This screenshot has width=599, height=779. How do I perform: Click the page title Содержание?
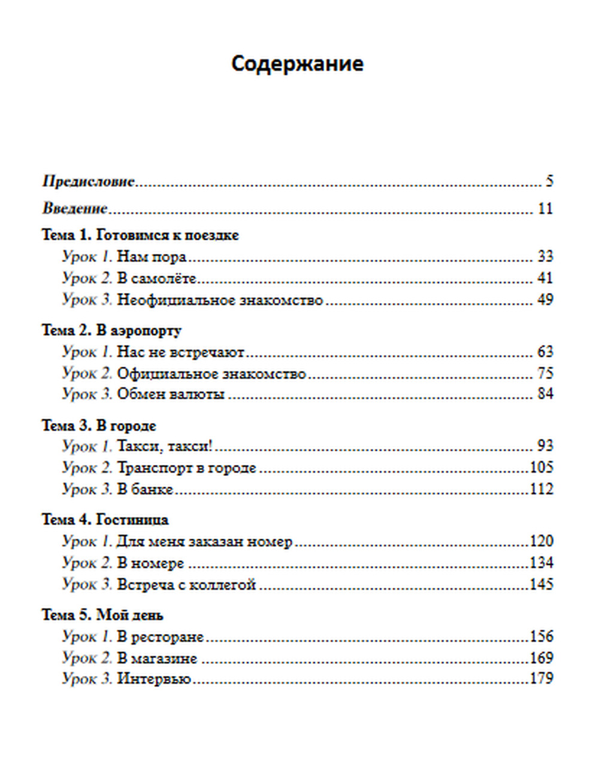coord(297,64)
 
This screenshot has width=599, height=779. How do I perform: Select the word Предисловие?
coord(89,181)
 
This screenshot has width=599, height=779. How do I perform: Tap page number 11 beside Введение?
coord(545,209)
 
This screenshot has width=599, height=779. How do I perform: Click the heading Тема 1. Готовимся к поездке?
coord(140,235)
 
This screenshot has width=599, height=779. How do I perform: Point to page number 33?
coord(545,256)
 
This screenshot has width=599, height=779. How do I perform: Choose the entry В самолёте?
coord(156,278)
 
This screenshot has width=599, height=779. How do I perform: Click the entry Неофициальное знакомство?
coord(219,300)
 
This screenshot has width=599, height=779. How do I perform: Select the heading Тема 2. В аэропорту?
coord(111,330)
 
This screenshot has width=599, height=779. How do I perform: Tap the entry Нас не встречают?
coord(180,352)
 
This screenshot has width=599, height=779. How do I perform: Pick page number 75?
coord(545,373)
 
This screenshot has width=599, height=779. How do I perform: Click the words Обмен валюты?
coord(171,394)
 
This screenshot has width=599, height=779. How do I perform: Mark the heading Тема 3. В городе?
coord(99,425)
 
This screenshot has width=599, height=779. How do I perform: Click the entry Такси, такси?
coord(165,446)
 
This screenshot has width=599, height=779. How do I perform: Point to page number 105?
coord(541,467)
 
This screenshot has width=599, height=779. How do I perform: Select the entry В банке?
coord(145,489)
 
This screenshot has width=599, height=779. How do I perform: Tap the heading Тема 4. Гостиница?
coord(105,520)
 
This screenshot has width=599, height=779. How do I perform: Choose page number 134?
coord(541,563)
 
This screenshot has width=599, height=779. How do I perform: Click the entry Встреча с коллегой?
coord(186,584)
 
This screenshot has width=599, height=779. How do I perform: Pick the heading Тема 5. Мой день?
coord(102,615)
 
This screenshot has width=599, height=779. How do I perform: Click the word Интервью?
coord(154,679)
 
